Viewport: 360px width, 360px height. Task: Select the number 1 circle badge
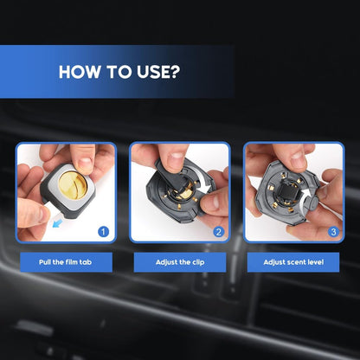pos(103,232)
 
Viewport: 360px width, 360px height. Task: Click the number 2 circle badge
pos(218,232)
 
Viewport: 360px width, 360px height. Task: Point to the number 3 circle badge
pos(333,232)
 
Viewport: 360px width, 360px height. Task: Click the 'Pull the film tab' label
pos(66,262)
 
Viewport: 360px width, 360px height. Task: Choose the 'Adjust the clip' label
pos(180,262)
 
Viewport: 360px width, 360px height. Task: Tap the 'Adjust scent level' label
pos(293,262)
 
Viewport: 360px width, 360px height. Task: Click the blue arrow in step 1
pos(58,223)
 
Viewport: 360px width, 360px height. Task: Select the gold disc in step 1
pos(73,185)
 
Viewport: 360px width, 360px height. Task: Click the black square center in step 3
pos(286,190)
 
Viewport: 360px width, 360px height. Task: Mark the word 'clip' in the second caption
pos(198,262)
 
